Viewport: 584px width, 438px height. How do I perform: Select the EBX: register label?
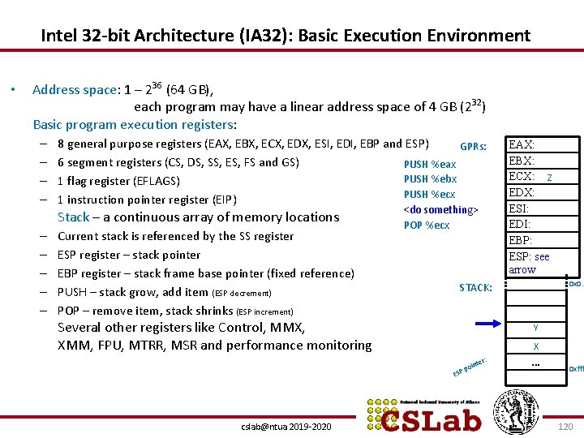pos(521,161)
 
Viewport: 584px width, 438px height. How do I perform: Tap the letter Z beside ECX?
pos(550,178)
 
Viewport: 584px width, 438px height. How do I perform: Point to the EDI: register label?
pos(519,224)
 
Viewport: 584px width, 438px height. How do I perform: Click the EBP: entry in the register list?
pos(520,240)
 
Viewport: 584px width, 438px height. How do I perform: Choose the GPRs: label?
pos(473,147)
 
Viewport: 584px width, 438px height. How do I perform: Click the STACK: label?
pos(475,287)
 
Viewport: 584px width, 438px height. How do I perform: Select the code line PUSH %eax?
pos(430,164)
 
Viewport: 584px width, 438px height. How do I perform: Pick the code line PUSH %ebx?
pos(430,179)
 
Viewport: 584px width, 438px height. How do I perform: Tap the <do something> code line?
pos(441,210)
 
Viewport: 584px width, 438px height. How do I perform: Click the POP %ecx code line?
pos(427,225)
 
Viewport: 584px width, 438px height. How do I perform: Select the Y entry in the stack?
pos(535,328)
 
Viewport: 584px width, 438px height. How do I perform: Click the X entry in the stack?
pos(535,346)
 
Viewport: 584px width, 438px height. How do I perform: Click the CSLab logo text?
pos(432,416)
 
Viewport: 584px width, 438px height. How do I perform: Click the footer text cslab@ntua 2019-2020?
pos(286,427)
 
